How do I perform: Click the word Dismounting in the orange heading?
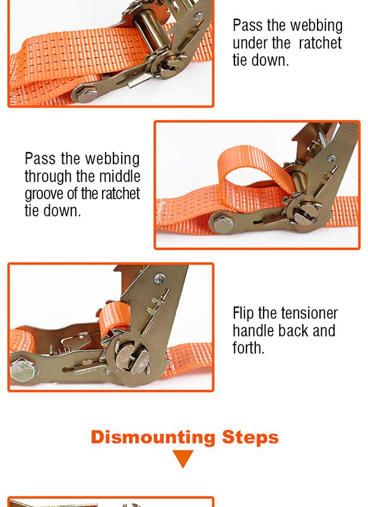point(153,438)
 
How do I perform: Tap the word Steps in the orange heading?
point(250,438)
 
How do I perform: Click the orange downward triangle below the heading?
point(183,458)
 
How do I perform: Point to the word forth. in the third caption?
point(248,348)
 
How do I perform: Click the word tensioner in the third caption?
point(309,313)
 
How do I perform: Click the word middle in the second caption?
point(119,177)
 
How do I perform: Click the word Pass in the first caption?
point(248,25)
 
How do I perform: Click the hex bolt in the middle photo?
point(223,223)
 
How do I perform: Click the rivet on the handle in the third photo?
point(160,279)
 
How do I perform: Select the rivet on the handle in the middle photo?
point(331,158)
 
